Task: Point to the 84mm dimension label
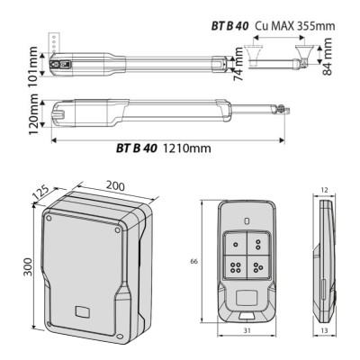[x=327, y=59]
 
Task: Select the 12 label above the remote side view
[x=323, y=190]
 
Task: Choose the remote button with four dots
[x=236, y=265]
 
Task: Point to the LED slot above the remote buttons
[x=246, y=220]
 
